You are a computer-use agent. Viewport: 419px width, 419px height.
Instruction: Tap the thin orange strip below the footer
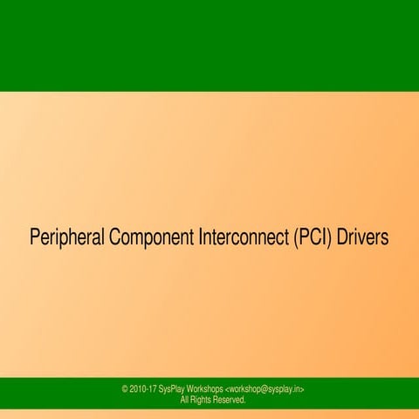pos(209,414)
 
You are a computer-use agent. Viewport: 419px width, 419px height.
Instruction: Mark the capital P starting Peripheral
pos(35,237)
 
